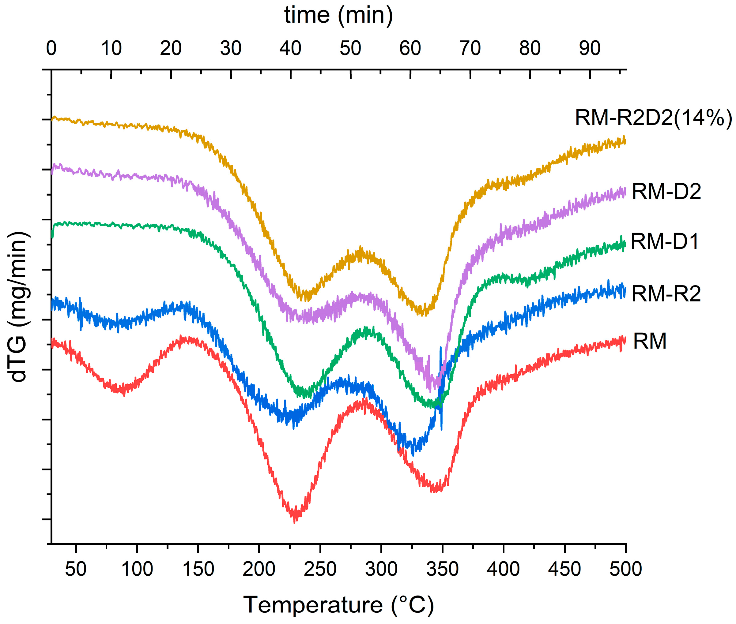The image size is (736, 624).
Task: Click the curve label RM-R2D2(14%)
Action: [653, 118]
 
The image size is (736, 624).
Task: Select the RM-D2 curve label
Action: [666, 192]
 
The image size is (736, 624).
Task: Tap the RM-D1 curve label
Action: [665, 242]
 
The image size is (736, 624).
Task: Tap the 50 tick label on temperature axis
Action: [75, 569]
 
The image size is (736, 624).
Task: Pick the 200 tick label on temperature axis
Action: [259, 569]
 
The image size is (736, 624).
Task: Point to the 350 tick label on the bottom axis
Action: [442, 569]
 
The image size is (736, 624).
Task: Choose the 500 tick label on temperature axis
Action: [625, 569]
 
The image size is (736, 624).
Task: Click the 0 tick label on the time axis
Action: [51, 48]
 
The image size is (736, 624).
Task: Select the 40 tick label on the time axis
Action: [290, 48]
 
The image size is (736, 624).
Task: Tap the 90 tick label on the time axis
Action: [589, 48]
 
